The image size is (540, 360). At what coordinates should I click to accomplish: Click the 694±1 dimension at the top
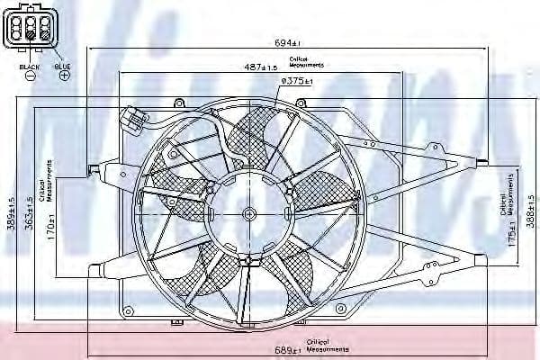(287, 42)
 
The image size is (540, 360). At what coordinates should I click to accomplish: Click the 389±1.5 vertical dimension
(11, 214)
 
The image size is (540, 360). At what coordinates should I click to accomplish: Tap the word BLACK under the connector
(30, 66)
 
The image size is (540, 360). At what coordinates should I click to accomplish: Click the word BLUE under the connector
(62, 66)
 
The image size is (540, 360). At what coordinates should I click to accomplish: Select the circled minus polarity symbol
(30, 76)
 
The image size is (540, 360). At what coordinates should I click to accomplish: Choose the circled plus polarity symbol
(64, 76)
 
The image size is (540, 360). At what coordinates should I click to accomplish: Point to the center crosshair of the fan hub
(249, 214)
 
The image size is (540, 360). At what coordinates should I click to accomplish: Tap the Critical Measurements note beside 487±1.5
(306, 62)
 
